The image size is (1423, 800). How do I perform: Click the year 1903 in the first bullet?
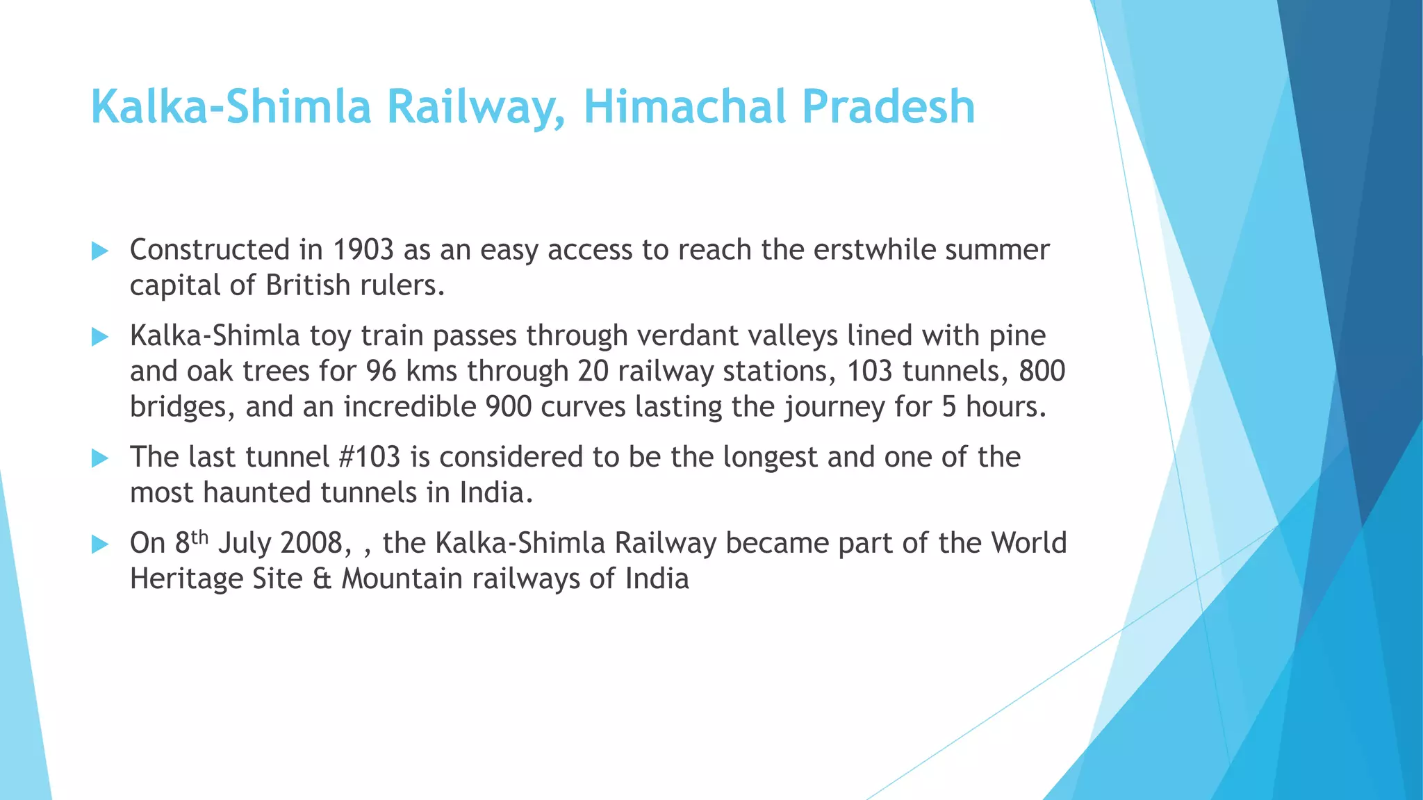[x=363, y=250]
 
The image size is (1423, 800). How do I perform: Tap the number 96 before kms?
[x=381, y=372]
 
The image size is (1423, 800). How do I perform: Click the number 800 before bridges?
[x=1042, y=372]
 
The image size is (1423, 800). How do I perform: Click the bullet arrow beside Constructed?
[x=100, y=251]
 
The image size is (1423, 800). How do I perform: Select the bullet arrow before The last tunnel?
[x=100, y=458]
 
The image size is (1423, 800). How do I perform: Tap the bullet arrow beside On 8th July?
[x=100, y=544]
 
